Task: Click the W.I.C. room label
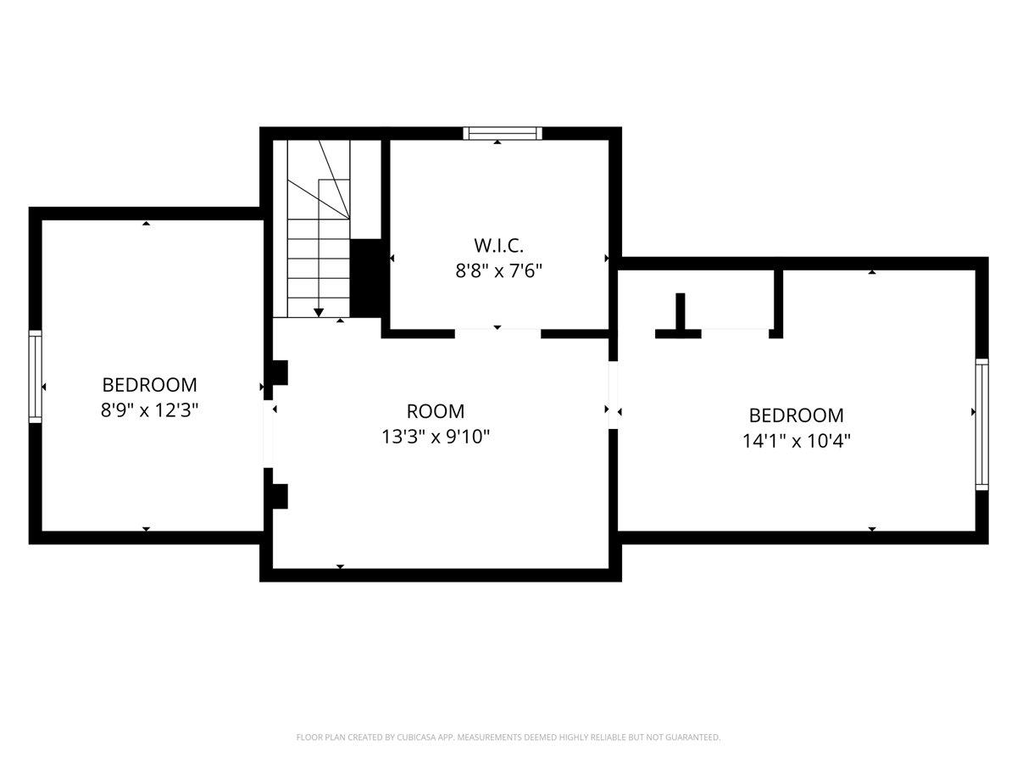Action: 498,246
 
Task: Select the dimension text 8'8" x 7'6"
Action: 498,271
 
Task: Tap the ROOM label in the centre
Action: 436,411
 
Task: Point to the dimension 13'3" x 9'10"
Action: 436,437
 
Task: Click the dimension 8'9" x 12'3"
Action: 149,410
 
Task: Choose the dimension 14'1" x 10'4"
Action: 796,441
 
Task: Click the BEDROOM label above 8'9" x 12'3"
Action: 149,384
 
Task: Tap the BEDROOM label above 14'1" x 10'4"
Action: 796,415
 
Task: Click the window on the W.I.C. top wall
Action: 503,132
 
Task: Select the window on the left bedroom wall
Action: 36,376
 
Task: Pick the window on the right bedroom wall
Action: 981,424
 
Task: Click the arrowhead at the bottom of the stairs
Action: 319,313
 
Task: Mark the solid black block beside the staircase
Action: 365,277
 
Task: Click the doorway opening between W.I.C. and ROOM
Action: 497,333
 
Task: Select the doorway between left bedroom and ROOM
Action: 268,433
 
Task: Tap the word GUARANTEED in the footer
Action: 692,738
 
